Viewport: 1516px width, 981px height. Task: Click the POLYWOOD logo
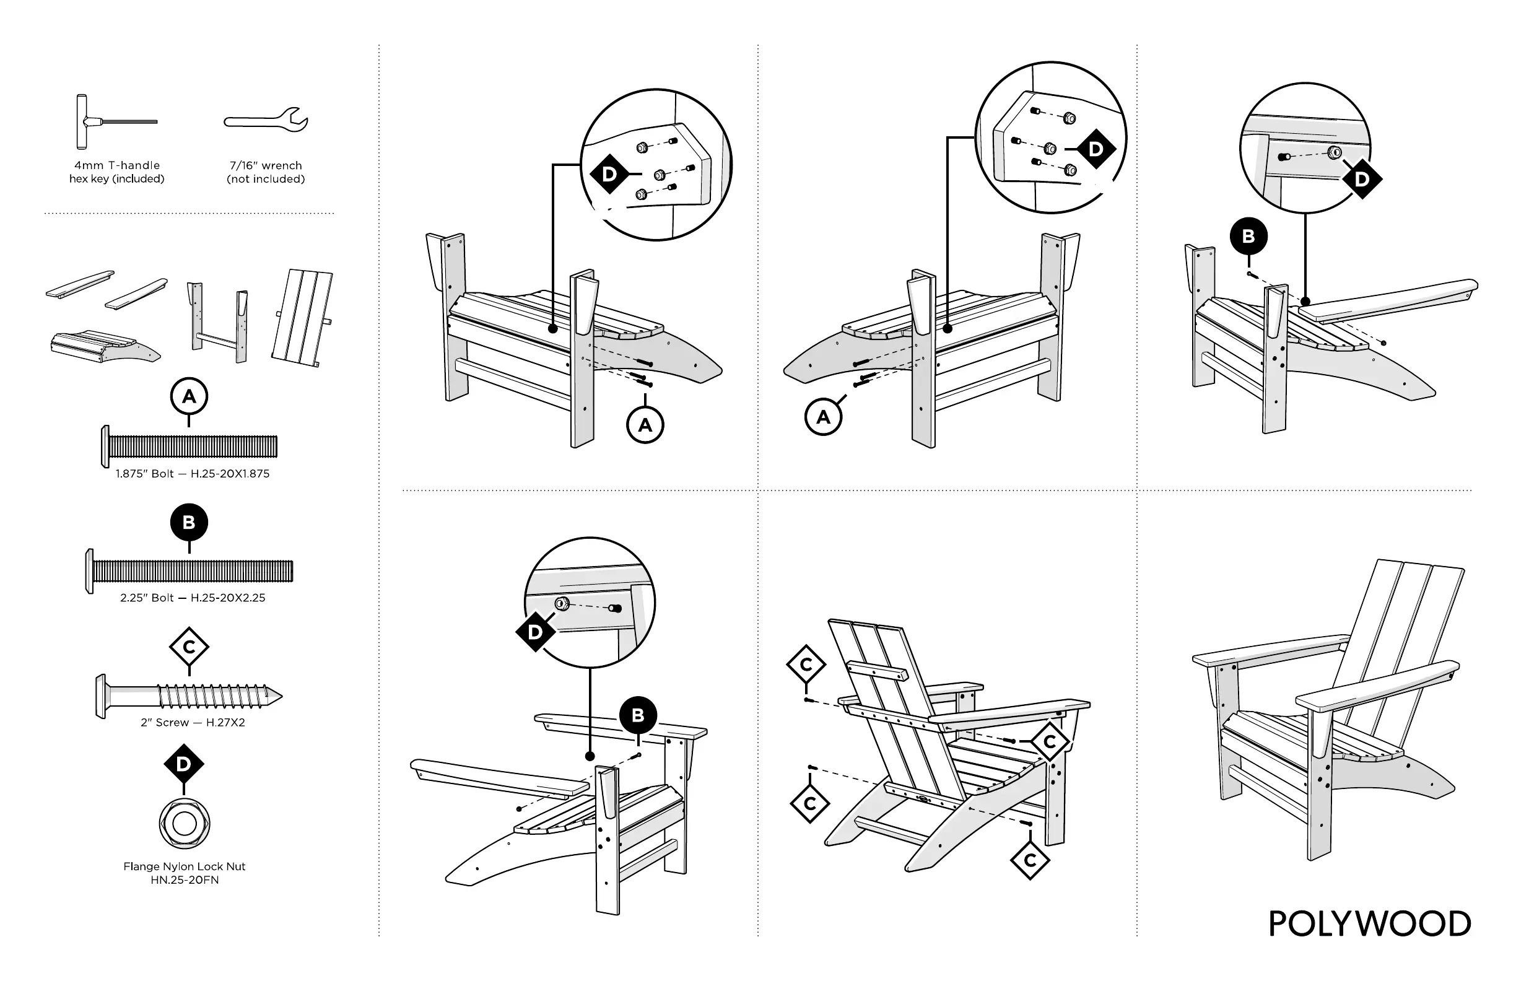coord(1369,923)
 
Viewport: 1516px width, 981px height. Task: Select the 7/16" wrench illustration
coord(266,120)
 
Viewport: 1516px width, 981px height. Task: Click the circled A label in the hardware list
coord(189,396)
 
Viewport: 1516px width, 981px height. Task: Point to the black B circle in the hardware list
coord(189,522)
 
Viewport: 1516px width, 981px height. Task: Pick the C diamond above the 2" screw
coord(189,647)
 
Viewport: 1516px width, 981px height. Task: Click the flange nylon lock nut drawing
coord(184,824)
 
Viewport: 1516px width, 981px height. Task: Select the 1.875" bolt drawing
coord(189,447)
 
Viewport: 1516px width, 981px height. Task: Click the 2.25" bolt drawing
coord(189,571)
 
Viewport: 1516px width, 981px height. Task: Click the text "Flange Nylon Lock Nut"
coord(184,866)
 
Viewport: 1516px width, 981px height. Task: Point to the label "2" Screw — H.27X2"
coord(193,722)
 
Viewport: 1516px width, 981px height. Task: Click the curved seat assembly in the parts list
coord(105,347)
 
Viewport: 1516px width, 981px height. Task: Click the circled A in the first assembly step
coord(645,425)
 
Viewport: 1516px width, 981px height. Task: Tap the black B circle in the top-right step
coord(1248,237)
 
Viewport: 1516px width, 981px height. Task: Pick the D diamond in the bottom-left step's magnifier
coord(535,632)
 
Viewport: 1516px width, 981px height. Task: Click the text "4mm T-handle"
coord(117,165)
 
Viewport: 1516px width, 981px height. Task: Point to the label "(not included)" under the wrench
coord(266,179)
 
